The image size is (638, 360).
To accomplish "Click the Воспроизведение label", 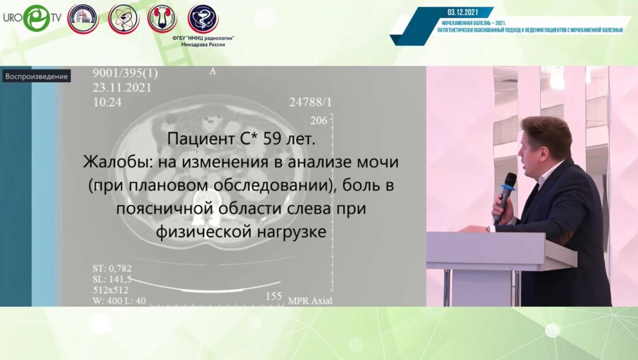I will coord(36,77).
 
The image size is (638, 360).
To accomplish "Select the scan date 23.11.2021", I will coord(120,87).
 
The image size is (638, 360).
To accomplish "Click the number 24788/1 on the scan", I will coord(310,102).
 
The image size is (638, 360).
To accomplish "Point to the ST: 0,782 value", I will coord(112,268).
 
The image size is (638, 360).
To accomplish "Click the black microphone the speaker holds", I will coord(506,192).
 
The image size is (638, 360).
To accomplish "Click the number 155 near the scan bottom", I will coord(274,295).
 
